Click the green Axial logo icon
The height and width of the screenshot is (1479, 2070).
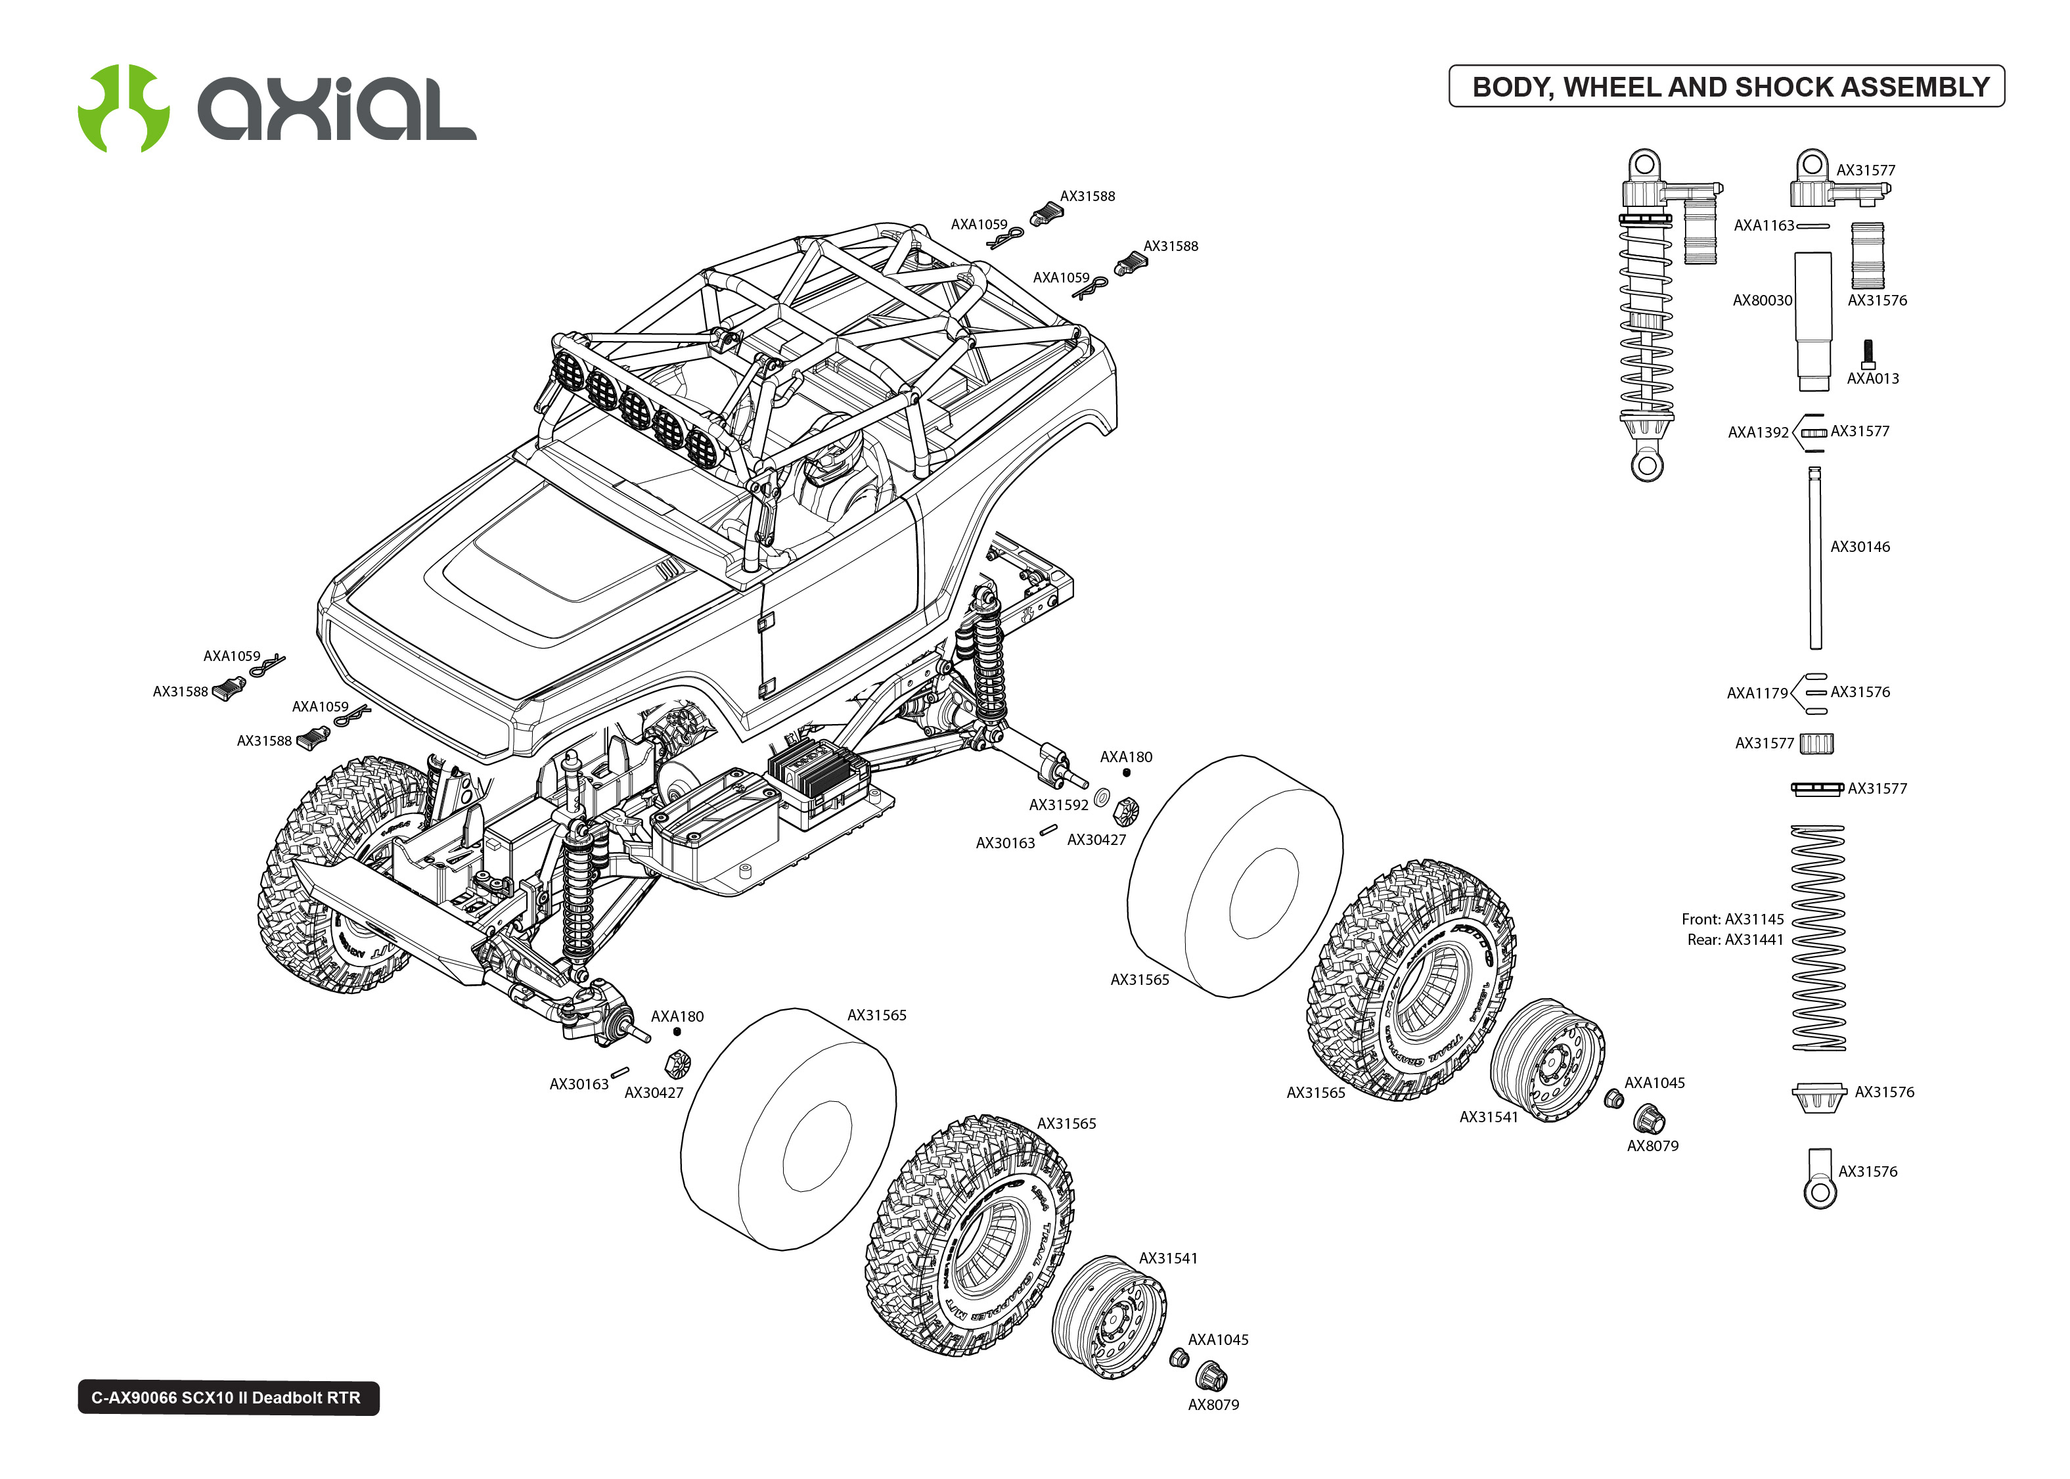(x=123, y=108)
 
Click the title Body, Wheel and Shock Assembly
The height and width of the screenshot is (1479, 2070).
(x=1730, y=87)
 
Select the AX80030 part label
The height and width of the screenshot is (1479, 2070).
(x=1761, y=300)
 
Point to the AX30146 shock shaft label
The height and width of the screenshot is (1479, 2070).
(x=1860, y=547)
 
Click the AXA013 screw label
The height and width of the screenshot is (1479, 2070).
(x=1872, y=379)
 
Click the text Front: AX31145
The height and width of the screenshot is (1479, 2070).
(x=1732, y=919)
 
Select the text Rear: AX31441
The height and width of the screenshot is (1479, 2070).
(x=1735, y=940)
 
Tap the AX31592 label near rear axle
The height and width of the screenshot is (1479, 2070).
(x=1058, y=805)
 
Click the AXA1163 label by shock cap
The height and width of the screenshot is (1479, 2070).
(x=1763, y=226)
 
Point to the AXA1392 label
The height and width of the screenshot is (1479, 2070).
(x=1758, y=432)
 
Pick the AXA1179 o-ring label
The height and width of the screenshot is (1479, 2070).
(x=1757, y=693)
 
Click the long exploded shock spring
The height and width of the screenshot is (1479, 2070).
(x=1818, y=938)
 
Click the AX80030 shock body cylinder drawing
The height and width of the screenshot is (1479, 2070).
(x=1812, y=319)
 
